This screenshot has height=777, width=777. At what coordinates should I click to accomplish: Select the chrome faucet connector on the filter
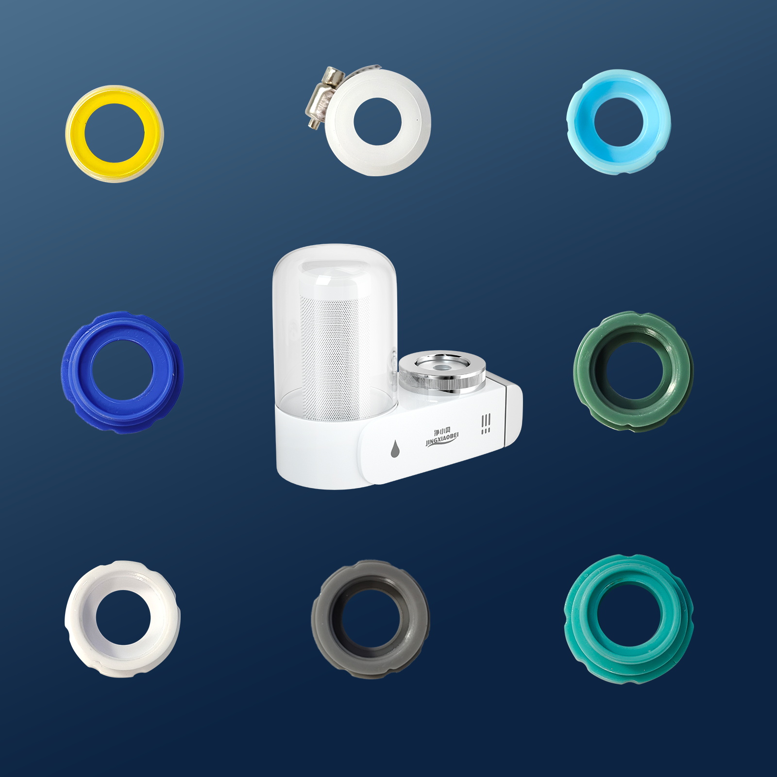[442, 372]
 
